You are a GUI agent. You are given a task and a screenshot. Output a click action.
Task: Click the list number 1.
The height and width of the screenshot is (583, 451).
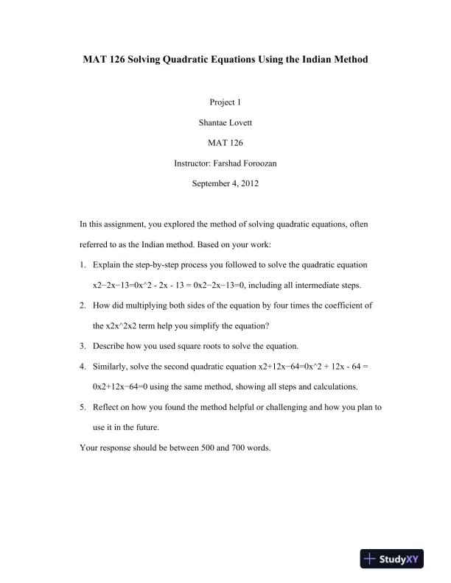click(83, 263)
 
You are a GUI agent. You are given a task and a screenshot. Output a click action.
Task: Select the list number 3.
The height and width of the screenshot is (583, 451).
click(83, 344)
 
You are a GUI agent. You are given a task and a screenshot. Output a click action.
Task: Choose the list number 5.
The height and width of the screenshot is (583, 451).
click(83, 406)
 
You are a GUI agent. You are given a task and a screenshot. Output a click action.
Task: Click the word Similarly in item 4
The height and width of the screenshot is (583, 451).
click(111, 365)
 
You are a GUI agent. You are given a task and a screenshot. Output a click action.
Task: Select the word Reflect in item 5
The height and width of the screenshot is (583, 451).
click(107, 406)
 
